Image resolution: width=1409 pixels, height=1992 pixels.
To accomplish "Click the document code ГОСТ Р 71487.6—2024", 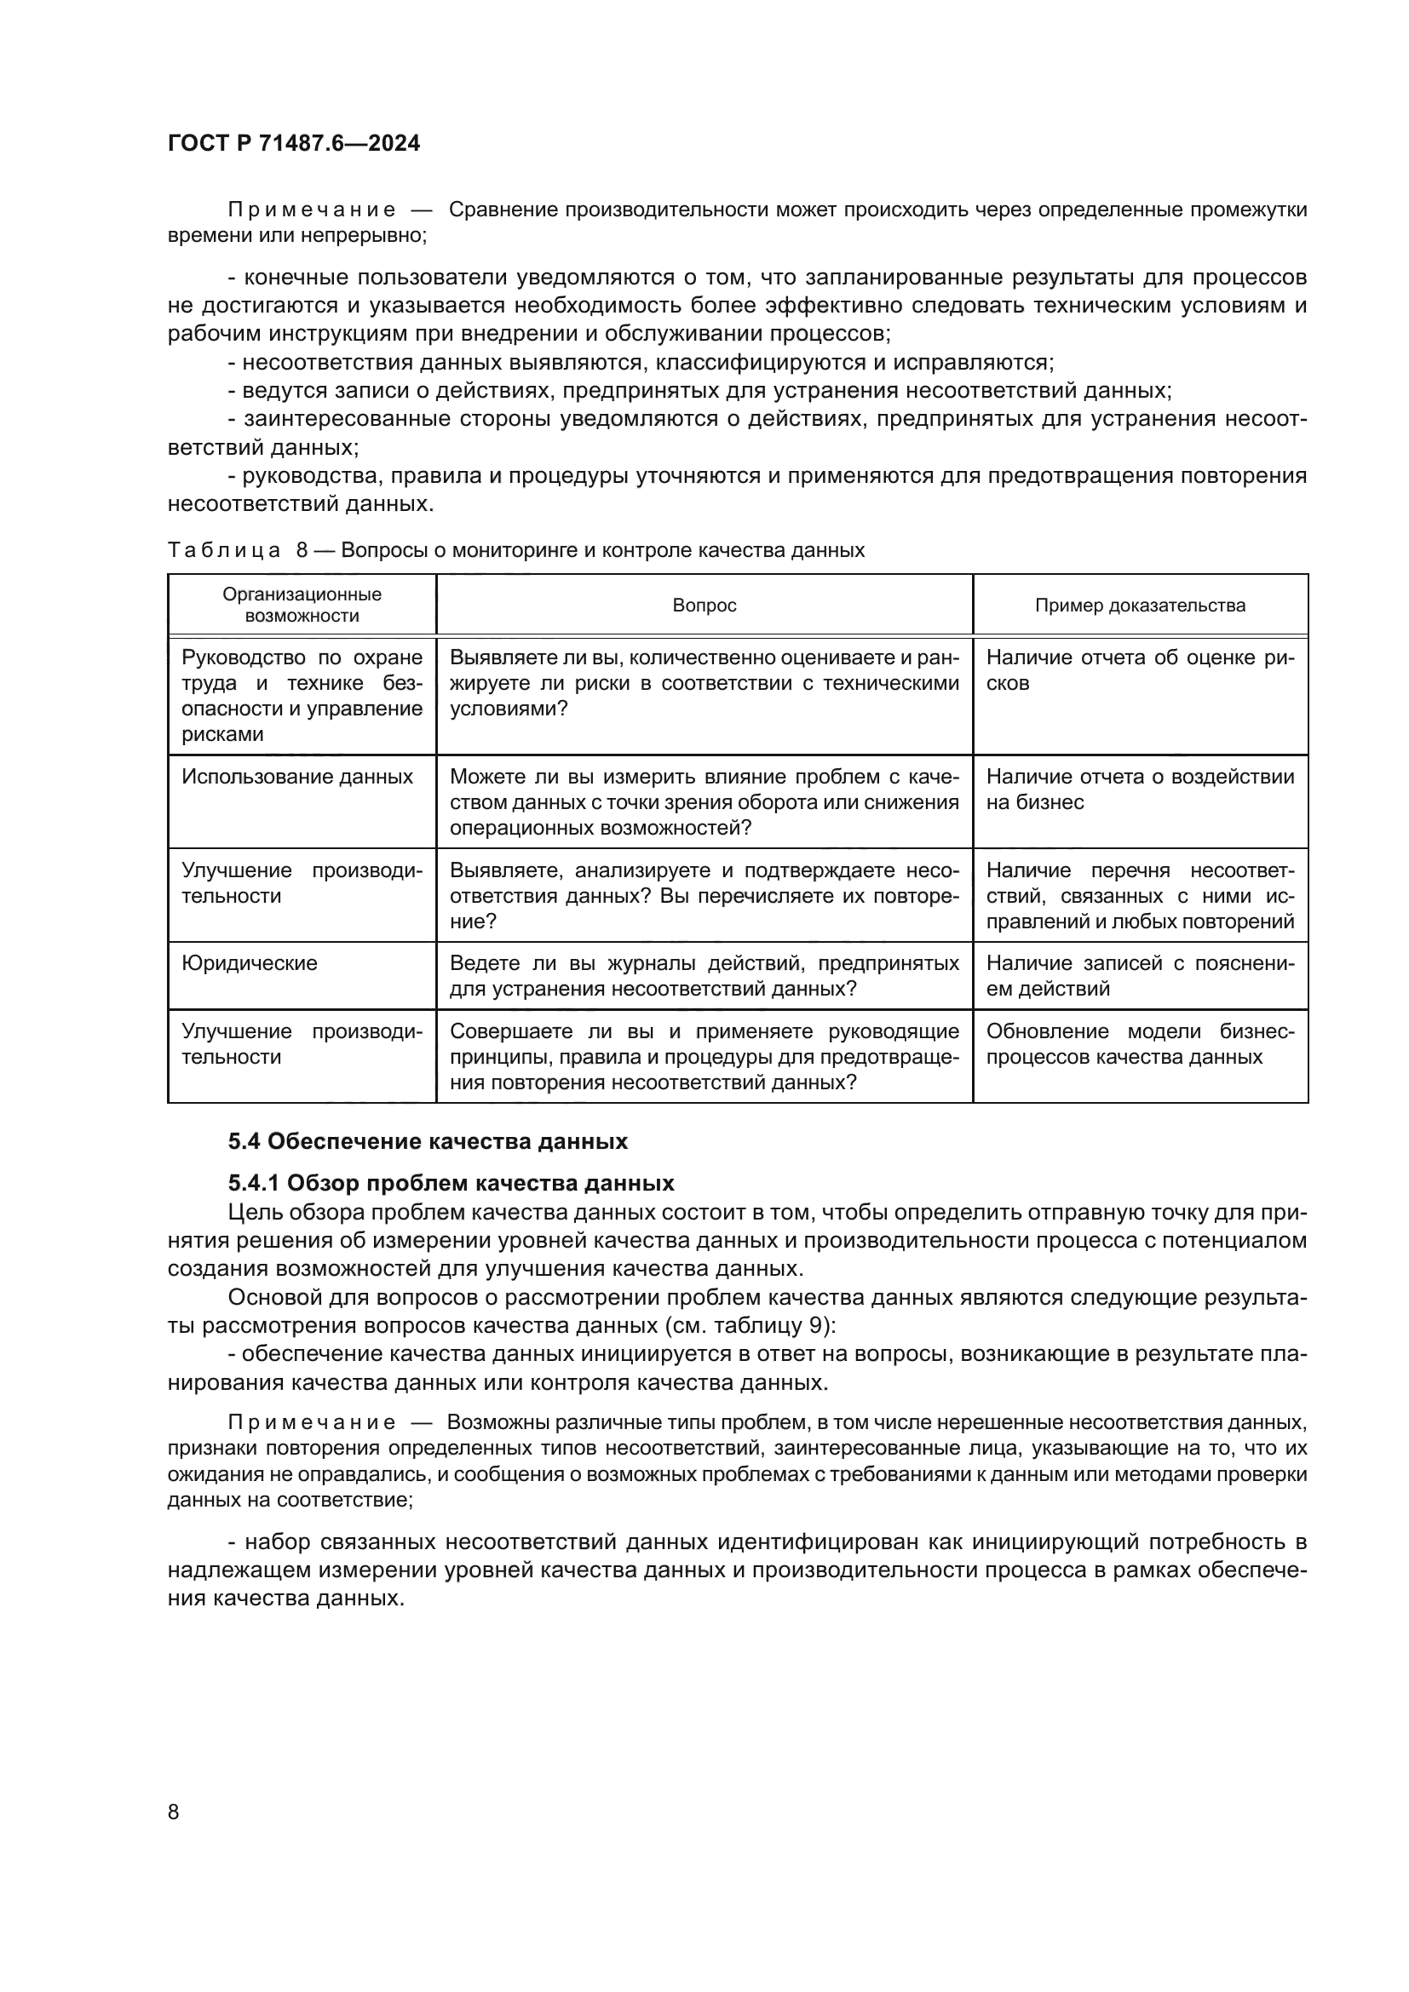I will click(x=293, y=143).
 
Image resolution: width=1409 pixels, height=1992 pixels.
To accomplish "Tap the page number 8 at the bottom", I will click(x=174, y=1811).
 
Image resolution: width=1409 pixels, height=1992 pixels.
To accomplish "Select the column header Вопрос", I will click(x=704, y=606).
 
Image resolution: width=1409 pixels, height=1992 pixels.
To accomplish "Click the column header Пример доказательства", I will click(x=1139, y=606).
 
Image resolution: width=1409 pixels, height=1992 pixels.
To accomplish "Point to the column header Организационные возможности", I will click(x=302, y=606).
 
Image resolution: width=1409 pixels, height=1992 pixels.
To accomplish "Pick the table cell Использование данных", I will click(x=296, y=777).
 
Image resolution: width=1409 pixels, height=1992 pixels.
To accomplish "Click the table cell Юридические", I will click(x=249, y=963).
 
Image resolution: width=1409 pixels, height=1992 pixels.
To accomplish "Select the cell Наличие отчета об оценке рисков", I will click(x=1139, y=669).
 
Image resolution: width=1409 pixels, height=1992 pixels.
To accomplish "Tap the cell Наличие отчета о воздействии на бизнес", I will click(x=1139, y=789).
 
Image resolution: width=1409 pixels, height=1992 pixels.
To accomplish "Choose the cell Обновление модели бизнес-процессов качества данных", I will click(x=1139, y=1044).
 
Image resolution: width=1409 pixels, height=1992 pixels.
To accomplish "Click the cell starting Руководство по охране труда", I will click(x=302, y=695).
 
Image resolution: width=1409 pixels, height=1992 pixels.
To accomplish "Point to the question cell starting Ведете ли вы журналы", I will click(x=704, y=976).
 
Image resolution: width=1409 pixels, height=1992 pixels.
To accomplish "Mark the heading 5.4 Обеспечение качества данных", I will click(x=428, y=1142).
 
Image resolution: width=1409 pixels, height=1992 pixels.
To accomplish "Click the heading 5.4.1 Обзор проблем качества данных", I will click(x=451, y=1184).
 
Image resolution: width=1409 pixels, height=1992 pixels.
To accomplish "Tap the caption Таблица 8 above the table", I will click(x=515, y=550).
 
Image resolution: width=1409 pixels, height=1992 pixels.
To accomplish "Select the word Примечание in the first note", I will click(x=312, y=210).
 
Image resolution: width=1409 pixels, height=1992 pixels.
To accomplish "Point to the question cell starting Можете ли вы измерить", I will click(x=704, y=801).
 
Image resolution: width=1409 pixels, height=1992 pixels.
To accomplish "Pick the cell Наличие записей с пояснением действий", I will click(x=1139, y=976).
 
